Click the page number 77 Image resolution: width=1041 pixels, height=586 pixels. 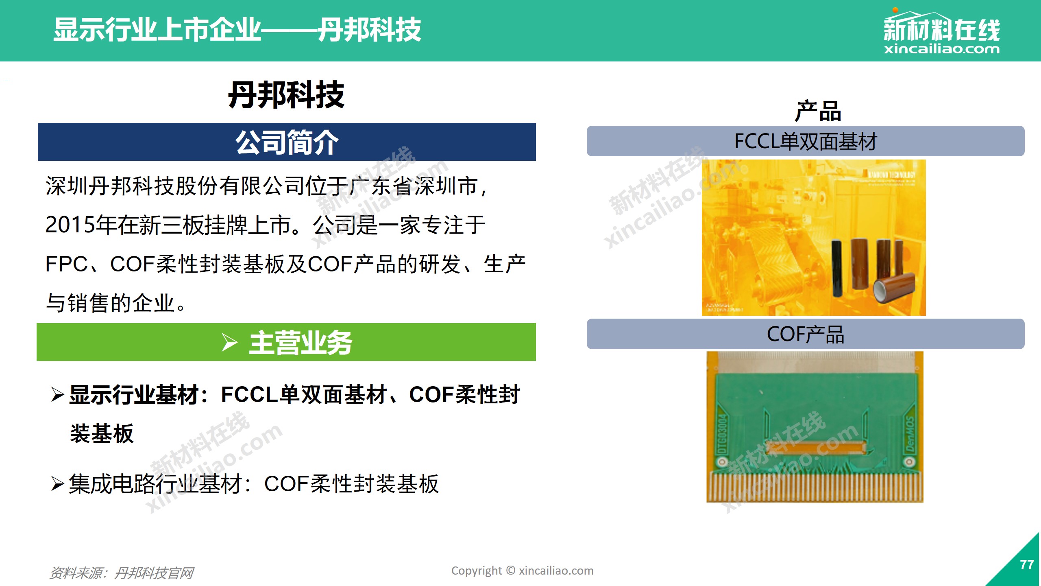1026,565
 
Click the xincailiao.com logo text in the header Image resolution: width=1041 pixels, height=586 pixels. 941,49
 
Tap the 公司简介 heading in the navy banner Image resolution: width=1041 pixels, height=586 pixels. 287,142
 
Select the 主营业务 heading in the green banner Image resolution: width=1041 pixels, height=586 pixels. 300,343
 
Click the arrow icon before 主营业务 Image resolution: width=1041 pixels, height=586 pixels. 229,342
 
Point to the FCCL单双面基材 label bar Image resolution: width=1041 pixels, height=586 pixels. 805,141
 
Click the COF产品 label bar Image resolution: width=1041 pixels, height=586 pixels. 805,334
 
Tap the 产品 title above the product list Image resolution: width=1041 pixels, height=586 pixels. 818,111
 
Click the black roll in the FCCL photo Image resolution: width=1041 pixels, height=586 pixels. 837,269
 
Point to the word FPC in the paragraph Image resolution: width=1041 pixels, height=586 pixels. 66,264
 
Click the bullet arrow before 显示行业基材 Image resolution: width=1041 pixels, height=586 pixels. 57,395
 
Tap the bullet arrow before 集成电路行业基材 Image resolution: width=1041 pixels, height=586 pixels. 57,484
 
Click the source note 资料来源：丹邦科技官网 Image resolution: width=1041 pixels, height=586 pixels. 121,573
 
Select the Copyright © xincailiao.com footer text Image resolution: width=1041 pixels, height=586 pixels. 522,571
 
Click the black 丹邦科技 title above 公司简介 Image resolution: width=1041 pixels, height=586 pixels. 286,95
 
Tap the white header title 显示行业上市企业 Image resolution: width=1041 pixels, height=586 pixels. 157,30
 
